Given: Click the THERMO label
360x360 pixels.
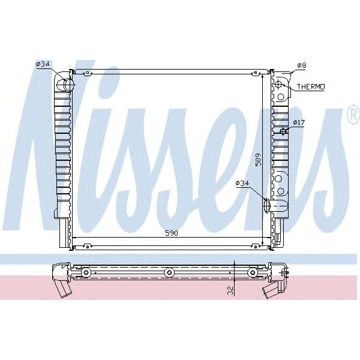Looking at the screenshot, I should click(310, 87).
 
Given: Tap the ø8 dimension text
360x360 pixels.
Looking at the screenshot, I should click(302, 64).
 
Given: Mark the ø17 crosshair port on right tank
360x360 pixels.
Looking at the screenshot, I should click(283, 131).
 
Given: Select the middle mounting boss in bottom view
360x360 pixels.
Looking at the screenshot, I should click(169, 273).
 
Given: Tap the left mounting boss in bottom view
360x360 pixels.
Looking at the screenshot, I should click(86, 273).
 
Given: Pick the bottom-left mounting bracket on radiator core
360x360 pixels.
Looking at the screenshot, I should click(88, 245).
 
